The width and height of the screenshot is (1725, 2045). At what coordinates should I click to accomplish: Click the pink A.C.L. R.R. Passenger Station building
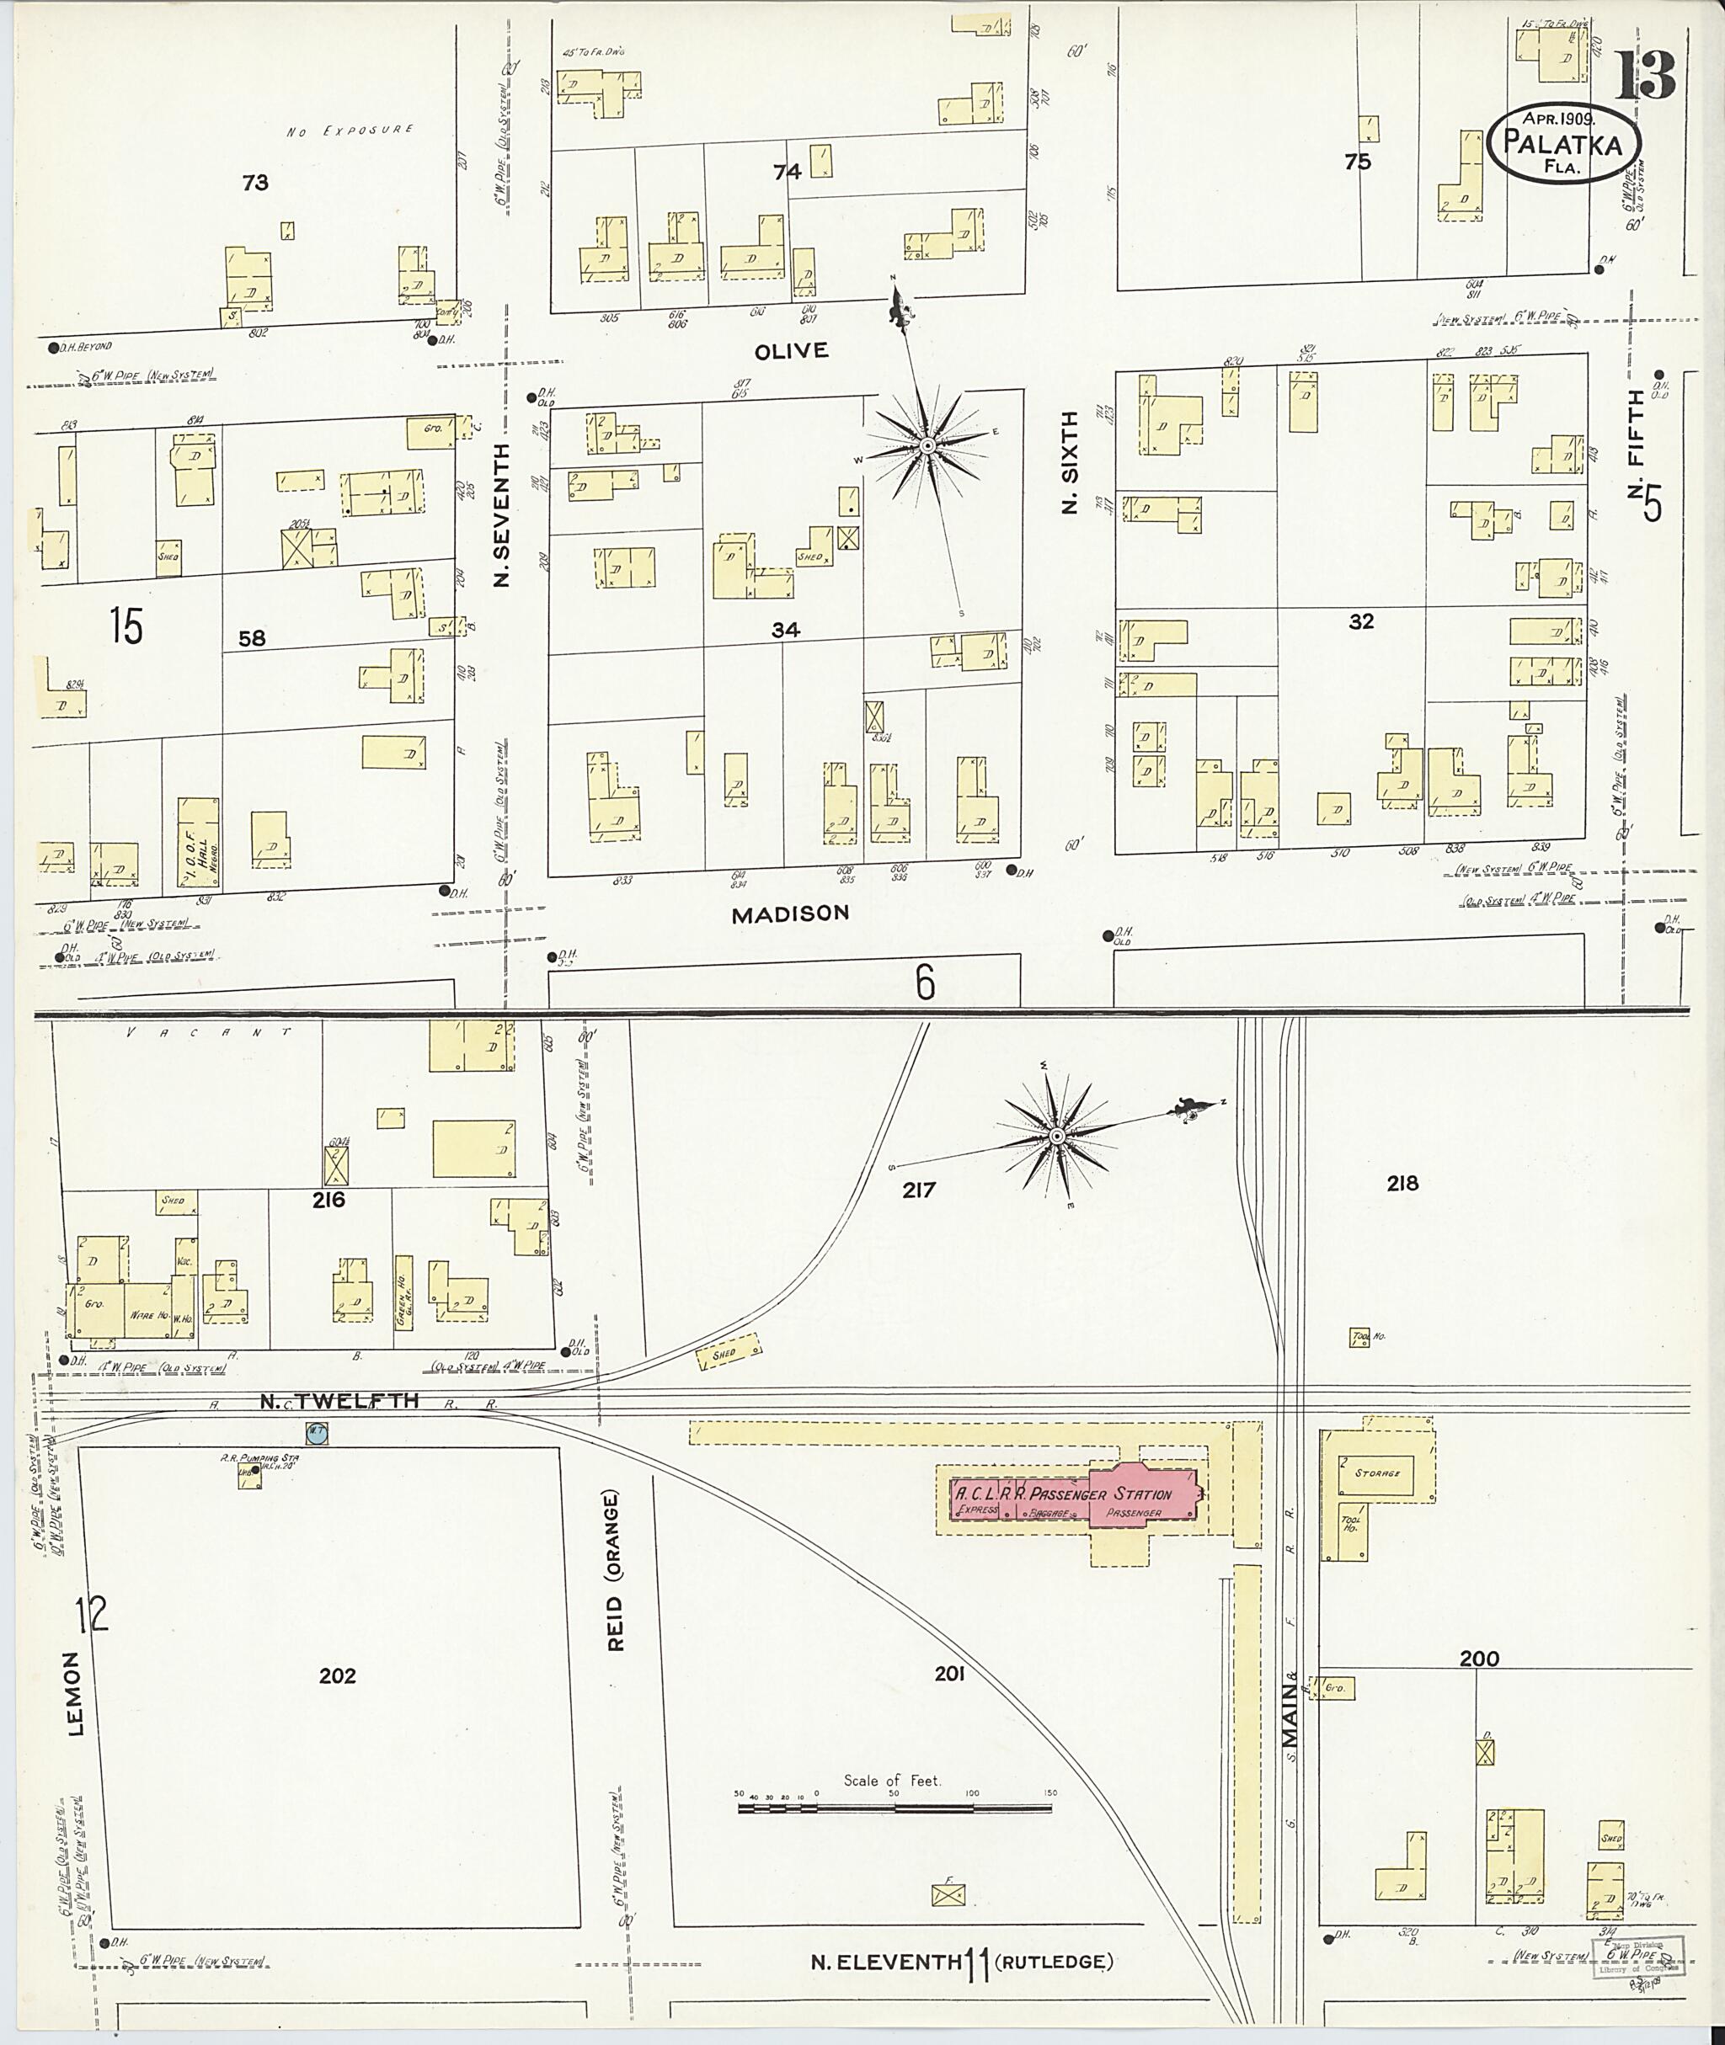point(1074,1493)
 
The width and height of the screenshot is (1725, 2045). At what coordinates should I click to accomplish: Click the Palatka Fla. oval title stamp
point(1563,143)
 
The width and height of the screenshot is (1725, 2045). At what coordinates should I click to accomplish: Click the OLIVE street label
point(791,350)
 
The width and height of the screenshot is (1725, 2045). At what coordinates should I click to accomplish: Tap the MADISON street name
point(790,913)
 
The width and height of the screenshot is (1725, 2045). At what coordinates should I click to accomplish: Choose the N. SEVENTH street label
point(503,515)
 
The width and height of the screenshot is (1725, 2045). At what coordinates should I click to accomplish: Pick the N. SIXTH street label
point(1071,461)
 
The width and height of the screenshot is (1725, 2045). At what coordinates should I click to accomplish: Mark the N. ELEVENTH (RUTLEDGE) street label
point(962,1961)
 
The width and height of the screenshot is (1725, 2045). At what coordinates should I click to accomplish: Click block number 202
point(338,1675)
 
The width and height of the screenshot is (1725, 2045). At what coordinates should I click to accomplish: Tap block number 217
point(918,1190)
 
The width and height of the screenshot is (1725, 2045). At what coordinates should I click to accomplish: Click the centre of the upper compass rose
point(925,447)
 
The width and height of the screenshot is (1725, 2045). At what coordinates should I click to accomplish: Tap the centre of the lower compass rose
point(1057,1137)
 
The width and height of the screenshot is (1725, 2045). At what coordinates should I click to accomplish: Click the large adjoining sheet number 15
point(126,626)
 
